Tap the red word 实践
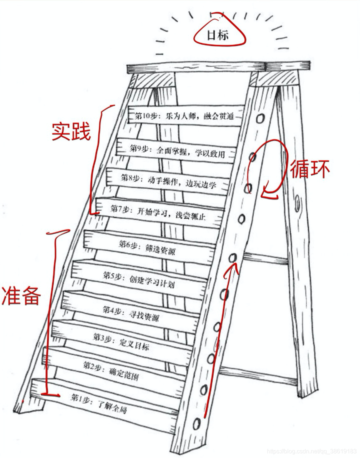[x=71, y=131]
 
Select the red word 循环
[x=310, y=169]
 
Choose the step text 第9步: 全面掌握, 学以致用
[x=177, y=150]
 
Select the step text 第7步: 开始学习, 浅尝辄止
[x=158, y=211]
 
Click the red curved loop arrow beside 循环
[x=272, y=170]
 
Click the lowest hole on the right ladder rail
[x=198, y=423]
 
